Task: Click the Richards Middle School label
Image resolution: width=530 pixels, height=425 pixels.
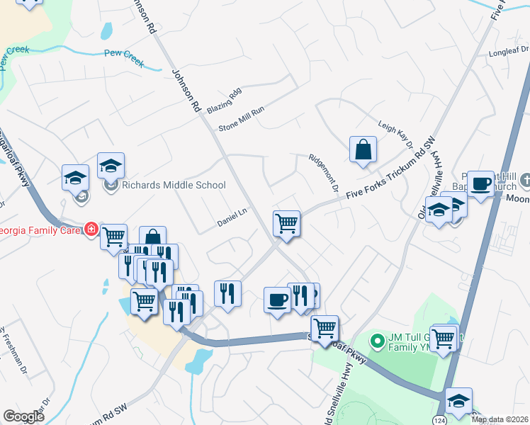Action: [x=174, y=186]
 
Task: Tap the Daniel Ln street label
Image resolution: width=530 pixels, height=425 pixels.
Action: [x=232, y=222]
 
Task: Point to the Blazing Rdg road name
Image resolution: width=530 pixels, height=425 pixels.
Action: [x=225, y=101]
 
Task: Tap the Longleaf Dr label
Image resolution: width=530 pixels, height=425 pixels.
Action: [x=509, y=51]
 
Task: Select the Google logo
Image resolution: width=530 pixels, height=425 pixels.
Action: [x=23, y=416]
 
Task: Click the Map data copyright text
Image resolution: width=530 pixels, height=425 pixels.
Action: [x=500, y=419]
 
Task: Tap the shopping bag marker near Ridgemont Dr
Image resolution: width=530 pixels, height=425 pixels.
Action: [x=363, y=150]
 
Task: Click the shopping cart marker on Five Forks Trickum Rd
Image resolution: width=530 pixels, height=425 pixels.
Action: [x=286, y=223]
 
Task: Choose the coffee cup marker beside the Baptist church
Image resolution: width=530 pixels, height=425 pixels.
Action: [x=480, y=184]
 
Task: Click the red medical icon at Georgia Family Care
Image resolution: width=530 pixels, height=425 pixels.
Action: [x=91, y=229]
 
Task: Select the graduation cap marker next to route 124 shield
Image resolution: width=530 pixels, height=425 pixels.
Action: [x=458, y=401]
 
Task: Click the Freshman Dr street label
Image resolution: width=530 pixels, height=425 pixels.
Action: [x=15, y=351]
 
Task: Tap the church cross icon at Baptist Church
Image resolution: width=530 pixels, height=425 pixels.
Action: [x=525, y=181]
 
